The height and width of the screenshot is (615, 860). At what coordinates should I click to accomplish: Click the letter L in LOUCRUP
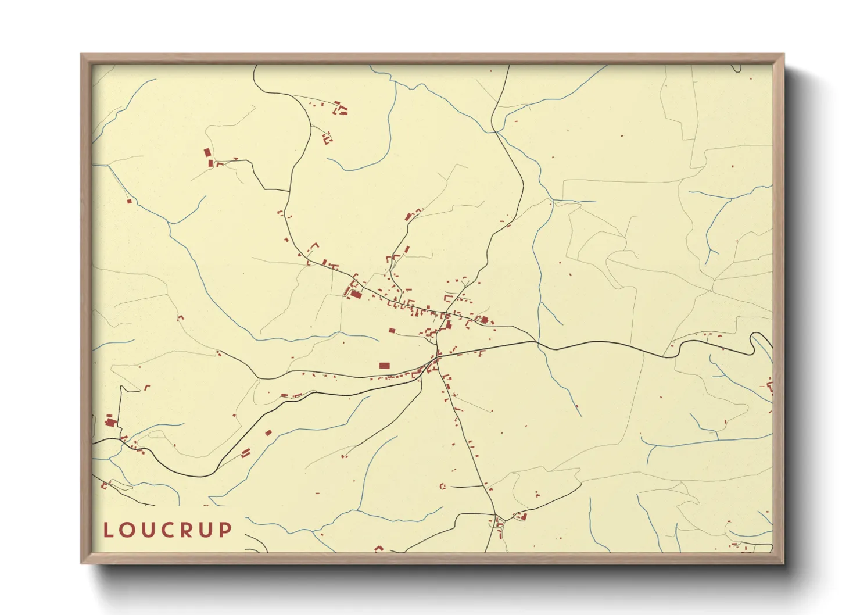(x=107, y=530)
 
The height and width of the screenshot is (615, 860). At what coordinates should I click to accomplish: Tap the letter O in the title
(x=128, y=530)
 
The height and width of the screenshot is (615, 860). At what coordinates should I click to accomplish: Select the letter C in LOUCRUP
(x=168, y=530)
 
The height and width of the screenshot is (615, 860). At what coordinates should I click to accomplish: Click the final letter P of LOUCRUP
(x=225, y=530)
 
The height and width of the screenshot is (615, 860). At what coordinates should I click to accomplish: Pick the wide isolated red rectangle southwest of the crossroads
(x=384, y=366)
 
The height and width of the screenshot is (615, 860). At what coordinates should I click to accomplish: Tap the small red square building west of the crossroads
(x=392, y=331)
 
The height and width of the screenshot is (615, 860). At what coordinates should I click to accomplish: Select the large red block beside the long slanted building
(x=356, y=295)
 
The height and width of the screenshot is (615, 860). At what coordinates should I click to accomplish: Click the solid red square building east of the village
(x=484, y=319)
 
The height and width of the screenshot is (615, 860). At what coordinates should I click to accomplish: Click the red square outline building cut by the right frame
(x=770, y=385)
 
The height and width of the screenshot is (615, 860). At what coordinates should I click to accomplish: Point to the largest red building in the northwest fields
(x=207, y=152)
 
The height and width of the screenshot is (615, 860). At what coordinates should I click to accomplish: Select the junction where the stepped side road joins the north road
(x=289, y=191)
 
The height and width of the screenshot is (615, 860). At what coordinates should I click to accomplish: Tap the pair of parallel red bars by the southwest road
(x=246, y=452)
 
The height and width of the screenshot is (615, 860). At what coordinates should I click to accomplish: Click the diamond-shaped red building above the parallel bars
(x=268, y=432)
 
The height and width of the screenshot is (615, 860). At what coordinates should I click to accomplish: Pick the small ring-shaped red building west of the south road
(x=442, y=486)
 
